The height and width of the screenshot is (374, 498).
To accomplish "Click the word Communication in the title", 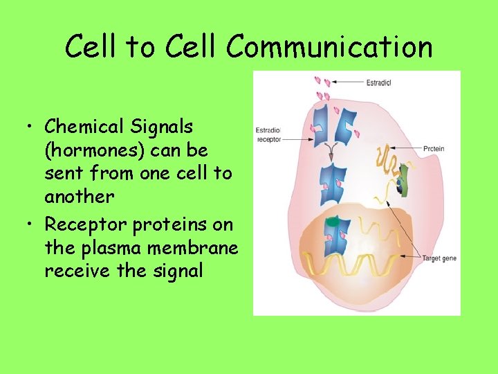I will click(329, 47).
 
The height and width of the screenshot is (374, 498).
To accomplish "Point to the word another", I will click(79, 196).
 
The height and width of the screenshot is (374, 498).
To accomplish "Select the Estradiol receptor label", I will click(268, 134).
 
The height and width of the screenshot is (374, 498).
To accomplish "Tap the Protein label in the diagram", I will click(434, 149).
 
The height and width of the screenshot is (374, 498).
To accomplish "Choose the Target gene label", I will click(440, 258).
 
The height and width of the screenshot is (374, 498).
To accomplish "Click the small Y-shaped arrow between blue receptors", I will click(335, 146).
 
